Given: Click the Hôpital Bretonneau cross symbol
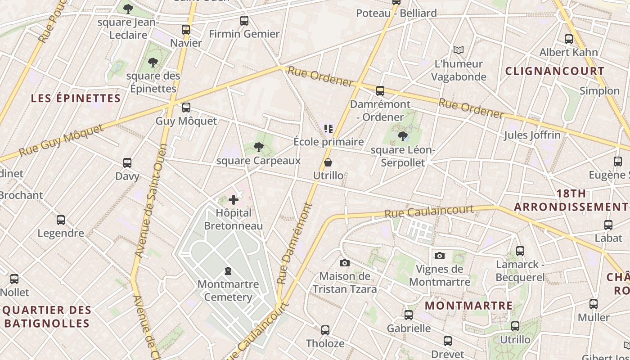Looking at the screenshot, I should (x=234, y=200).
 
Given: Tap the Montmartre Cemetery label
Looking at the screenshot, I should (x=228, y=290).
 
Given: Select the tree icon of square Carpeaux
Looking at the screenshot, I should (x=259, y=147).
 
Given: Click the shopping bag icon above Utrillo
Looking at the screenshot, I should (x=328, y=162).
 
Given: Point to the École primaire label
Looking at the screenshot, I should (x=328, y=142).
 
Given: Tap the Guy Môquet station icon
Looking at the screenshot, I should (x=186, y=108).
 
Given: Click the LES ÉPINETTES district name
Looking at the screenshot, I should (x=76, y=98).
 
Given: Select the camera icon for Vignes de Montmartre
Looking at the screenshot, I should (x=440, y=256).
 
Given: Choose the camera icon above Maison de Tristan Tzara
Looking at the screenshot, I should (x=345, y=263).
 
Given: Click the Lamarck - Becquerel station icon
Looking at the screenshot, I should (x=520, y=251).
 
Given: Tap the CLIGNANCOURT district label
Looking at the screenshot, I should (x=555, y=71).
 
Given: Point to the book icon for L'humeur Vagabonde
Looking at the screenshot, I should (x=459, y=50).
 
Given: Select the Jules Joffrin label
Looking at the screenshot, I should (x=532, y=135).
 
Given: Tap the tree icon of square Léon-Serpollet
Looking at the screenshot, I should (x=403, y=136).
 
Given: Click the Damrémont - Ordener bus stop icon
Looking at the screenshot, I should (x=380, y=91).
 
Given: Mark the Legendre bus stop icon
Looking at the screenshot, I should (x=61, y=220).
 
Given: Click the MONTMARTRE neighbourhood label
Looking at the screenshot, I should (x=468, y=306).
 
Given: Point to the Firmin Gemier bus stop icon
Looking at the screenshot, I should (x=244, y=21).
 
